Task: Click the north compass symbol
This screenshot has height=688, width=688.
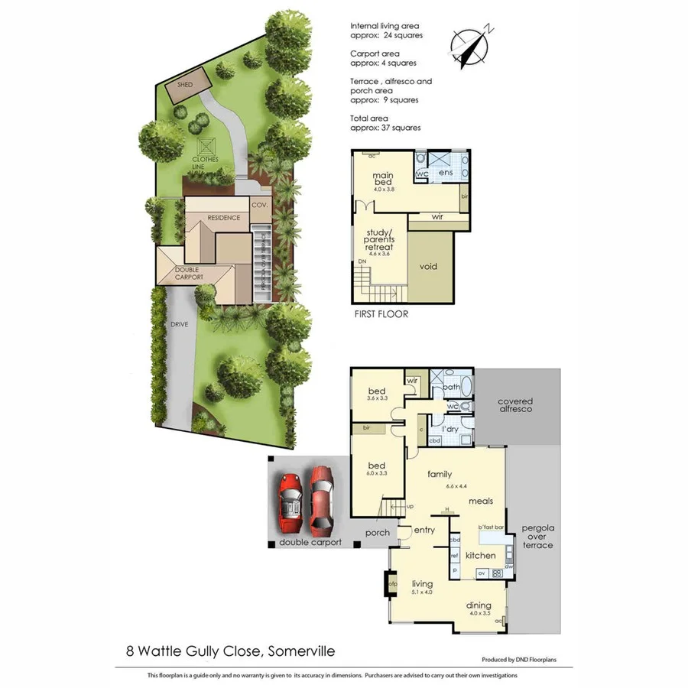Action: [x=472, y=45]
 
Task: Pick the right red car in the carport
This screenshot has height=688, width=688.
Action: [x=322, y=501]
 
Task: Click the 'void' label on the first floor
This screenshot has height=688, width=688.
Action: [x=428, y=266]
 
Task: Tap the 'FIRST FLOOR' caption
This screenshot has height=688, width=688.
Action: [x=381, y=314]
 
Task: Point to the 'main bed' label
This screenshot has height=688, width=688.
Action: [x=383, y=180]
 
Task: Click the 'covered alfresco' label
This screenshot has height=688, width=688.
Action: [x=514, y=406]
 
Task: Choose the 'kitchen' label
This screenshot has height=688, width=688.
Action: [x=481, y=556]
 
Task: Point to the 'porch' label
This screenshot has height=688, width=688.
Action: [x=378, y=533]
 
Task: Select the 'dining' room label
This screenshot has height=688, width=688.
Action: [x=481, y=605]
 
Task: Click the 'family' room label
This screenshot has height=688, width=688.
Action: [x=440, y=474]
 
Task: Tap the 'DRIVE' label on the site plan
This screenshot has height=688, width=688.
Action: [x=179, y=325]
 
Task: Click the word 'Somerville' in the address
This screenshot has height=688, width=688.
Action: [x=300, y=651]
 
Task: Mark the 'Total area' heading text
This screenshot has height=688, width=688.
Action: [x=369, y=118]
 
